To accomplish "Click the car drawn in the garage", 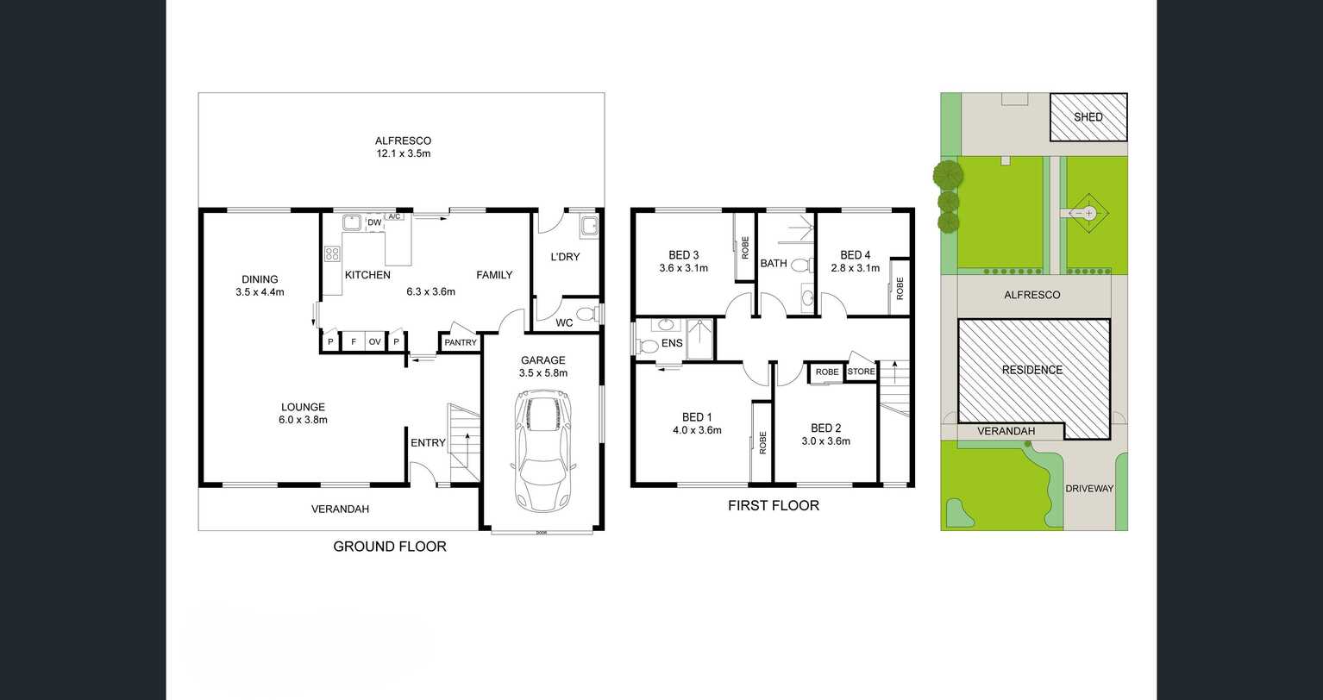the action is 542,450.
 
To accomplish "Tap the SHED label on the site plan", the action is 1088,117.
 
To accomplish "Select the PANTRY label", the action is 460,342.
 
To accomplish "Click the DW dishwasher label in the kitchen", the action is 374,222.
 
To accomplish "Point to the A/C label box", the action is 394,216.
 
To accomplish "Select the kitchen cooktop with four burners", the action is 332,253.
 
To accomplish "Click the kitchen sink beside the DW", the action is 352,222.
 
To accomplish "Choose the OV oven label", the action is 375,341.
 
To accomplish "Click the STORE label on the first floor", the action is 861,372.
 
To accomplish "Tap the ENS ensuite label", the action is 672,343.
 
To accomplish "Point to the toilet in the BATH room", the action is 801,265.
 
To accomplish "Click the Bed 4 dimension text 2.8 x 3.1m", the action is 856,268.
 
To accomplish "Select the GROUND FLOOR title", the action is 390,547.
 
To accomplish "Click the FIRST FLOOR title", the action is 773,506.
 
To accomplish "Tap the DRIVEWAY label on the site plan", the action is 1089,489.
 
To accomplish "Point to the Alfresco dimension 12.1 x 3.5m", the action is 404,153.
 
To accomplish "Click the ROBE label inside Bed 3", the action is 745,247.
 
